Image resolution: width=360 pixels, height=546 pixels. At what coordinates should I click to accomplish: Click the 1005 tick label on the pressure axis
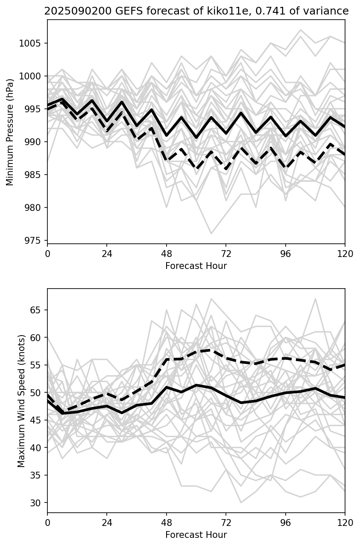pyautogui.click(x=33, y=44)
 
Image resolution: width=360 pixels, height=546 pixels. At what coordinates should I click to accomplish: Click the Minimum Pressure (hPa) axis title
pyautogui.click(x=10, y=132)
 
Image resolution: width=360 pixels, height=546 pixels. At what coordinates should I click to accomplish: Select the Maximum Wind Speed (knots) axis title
pyautogui.click(x=22, y=400)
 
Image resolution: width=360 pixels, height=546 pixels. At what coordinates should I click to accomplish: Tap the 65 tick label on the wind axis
pyautogui.click(x=39, y=310)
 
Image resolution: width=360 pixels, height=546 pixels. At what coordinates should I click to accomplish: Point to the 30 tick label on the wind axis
pyautogui.click(x=39, y=503)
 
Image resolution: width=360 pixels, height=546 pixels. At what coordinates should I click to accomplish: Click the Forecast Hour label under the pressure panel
pyautogui.click(x=196, y=266)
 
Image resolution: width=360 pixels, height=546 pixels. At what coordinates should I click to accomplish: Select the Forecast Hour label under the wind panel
pyautogui.click(x=196, y=535)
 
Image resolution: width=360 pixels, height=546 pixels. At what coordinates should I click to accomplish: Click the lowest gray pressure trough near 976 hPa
pyautogui.click(x=211, y=234)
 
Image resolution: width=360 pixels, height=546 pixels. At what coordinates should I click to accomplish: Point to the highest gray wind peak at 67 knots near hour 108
pyautogui.click(x=315, y=299)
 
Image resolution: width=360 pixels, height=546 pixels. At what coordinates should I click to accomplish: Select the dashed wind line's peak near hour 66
pyautogui.click(x=211, y=350)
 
